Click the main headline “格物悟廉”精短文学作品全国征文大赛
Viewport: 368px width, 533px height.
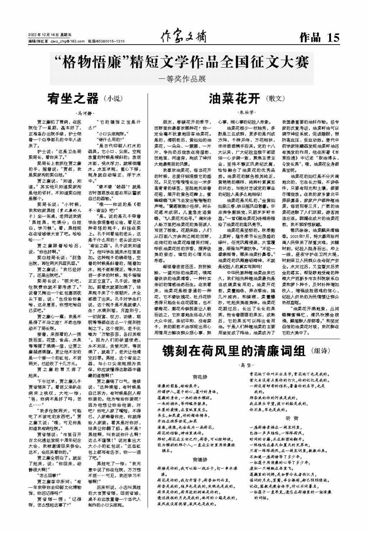click(x=184, y=62)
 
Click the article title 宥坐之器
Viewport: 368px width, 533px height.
click(x=73, y=98)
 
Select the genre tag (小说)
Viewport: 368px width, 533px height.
click(x=113, y=98)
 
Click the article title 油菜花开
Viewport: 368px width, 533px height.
click(x=235, y=98)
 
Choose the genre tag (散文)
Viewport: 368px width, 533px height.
click(x=276, y=98)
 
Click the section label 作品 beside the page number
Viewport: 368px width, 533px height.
click(x=310, y=37)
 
